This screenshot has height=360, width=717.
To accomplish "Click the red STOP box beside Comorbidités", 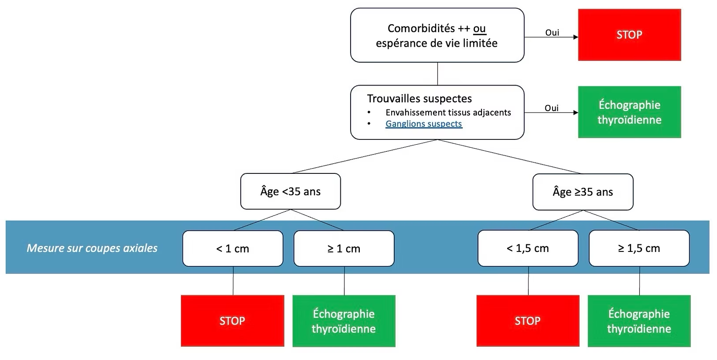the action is point(629,34).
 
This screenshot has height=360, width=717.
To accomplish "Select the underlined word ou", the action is point(479,29).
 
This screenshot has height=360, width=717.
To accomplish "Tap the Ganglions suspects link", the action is point(423,124).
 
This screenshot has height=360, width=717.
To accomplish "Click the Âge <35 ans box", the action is point(290,191).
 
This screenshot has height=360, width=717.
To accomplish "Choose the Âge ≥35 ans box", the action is point(583,192).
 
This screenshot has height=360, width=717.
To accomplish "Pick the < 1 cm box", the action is point(233,248).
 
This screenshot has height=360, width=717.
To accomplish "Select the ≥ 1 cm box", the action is point(344,248).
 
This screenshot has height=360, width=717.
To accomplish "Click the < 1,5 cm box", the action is point(528,248).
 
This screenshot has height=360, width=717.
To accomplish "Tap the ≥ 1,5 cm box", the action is point(639,248).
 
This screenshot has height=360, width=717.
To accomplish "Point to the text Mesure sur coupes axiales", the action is point(92,248).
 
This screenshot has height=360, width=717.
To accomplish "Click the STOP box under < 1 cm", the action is point(232,321).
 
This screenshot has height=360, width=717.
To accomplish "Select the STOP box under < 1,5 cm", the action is point(528,321).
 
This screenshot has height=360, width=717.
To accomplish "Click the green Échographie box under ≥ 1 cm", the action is point(344,321).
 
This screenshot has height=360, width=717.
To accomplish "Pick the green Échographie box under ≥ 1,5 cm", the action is point(639,321).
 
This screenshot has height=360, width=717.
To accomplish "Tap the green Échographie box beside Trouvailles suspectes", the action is point(629,112).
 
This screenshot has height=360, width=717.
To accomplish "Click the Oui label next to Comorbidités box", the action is point(552,33).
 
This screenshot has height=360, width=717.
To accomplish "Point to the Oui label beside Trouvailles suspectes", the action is point(552,108).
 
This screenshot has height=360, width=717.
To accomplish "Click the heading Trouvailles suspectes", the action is point(419,99).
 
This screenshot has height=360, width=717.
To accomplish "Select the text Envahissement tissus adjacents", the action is point(448,112).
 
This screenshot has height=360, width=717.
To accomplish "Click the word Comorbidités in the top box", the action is point(421,29).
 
